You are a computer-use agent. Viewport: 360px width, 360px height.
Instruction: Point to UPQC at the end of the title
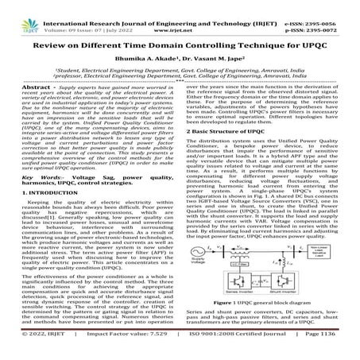click(x=317, y=36)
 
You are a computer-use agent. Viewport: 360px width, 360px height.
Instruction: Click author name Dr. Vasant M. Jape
click(x=208, y=51)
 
